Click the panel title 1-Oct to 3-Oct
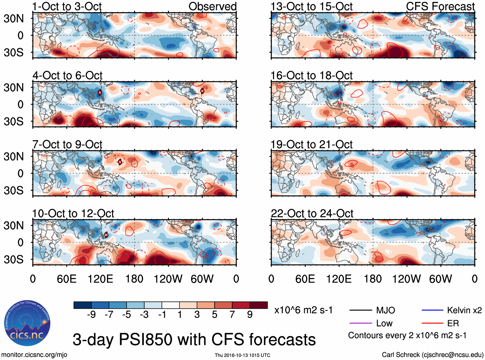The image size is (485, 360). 67,6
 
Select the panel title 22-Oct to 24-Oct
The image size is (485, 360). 312,214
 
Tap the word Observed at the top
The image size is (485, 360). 212,6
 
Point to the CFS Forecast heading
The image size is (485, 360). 440,6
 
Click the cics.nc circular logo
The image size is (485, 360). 27,323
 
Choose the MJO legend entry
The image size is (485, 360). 385,310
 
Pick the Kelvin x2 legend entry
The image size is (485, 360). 464,310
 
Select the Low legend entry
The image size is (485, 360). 384,323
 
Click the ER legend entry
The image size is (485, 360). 453,323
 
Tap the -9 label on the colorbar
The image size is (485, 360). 91,314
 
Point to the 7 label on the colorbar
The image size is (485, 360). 232,314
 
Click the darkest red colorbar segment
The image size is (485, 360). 259,305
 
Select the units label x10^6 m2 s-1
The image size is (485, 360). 303,310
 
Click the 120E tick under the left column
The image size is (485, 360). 100,279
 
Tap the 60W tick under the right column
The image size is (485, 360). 440,279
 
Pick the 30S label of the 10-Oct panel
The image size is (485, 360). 13,259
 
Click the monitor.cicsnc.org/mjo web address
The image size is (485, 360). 34,355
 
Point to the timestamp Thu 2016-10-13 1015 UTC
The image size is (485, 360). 242,355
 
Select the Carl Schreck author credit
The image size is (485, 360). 432,355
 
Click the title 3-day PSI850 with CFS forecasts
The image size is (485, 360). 194,340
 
